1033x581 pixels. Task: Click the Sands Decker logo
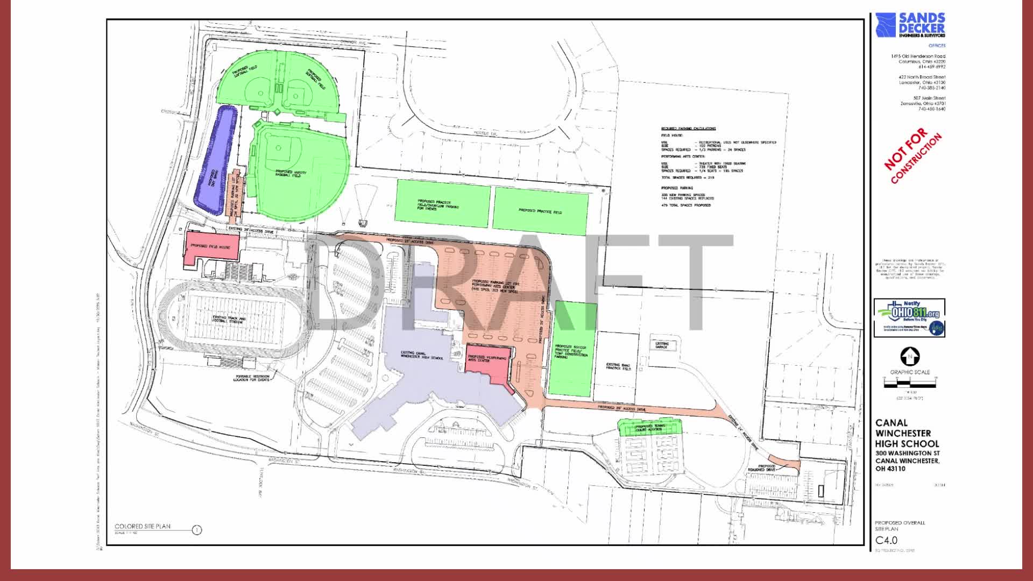pos(910,25)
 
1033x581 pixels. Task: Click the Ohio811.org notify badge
pos(909,318)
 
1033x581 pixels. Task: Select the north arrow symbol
pos(910,356)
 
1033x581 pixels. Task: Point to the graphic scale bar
pos(910,383)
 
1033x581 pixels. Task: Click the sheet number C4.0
pos(886,540)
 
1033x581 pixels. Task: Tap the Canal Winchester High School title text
pos(907,433)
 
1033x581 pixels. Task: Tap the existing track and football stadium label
pos(229,321)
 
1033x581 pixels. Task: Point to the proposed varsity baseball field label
pos(291,173)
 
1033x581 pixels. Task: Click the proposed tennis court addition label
pos(650,428)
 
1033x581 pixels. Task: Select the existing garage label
pos(662,345)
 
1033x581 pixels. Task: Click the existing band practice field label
pos(617,366)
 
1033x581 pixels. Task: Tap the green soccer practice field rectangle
pos(572,350)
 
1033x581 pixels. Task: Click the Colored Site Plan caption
pos(143,527)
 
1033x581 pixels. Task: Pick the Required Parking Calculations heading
pos(688,129)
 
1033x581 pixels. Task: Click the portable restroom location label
pos(251,378)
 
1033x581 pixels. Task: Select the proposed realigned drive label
pos(762,468)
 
